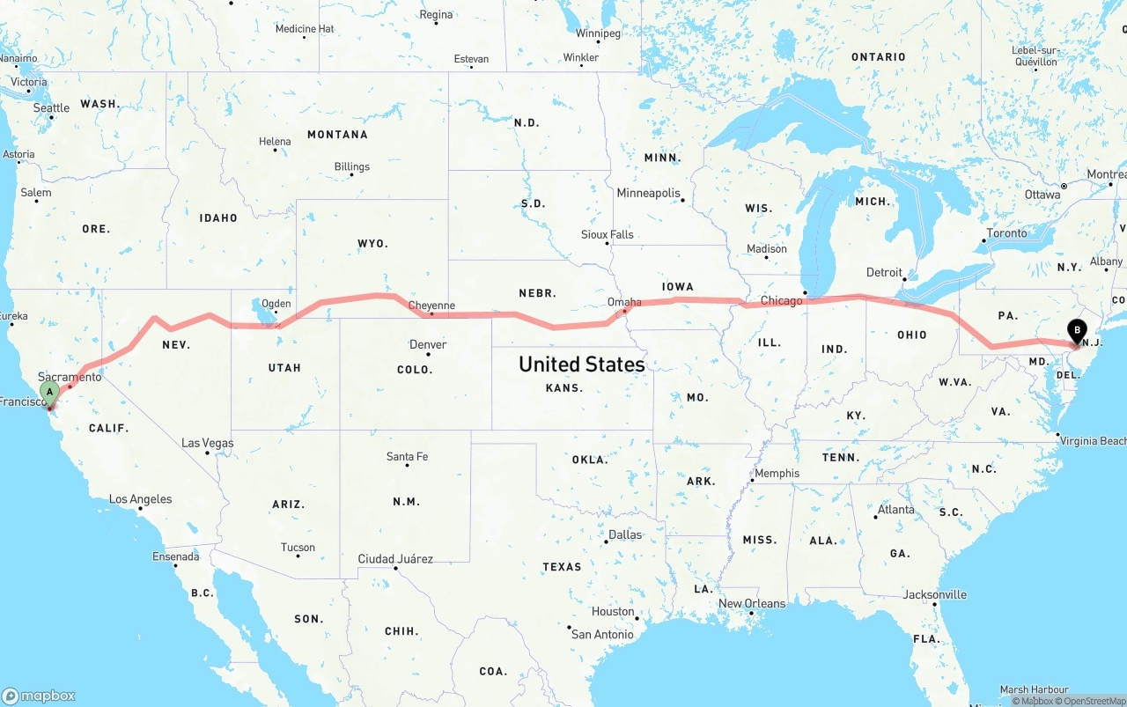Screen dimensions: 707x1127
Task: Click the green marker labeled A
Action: click(x=50, y=391)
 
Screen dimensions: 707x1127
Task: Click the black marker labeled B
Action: click(x=1076, y=332)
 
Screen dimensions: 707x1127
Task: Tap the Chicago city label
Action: click(x=782, y=301)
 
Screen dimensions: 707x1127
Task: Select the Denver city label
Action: click(x=428, y=344)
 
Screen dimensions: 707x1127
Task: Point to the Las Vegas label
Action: click(x=208, y=443)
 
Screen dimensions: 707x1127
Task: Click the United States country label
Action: click(x=581, y=364)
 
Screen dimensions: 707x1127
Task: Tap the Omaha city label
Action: click(x=624, y=302)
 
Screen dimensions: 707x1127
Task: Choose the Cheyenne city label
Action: click(x=432, y=306)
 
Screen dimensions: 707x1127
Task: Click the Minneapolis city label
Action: click(x=648, y=193)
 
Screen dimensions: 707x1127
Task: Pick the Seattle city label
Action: click(x=51, y=108)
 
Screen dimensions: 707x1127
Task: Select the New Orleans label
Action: click(x=752, y=603)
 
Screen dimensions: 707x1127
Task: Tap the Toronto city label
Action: click(x=1007, y=233)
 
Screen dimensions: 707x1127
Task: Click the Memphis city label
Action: click(x=777, y=473)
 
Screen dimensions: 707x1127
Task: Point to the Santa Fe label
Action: click(x=407, y=456)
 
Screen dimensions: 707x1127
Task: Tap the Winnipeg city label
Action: click(x=598, y=33)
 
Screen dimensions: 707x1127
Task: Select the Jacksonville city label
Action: click(x=935, y=594)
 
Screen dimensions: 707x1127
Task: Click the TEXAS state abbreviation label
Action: click(x=562, y=566)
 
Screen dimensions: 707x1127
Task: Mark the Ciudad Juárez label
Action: click(x=395, y=558)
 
